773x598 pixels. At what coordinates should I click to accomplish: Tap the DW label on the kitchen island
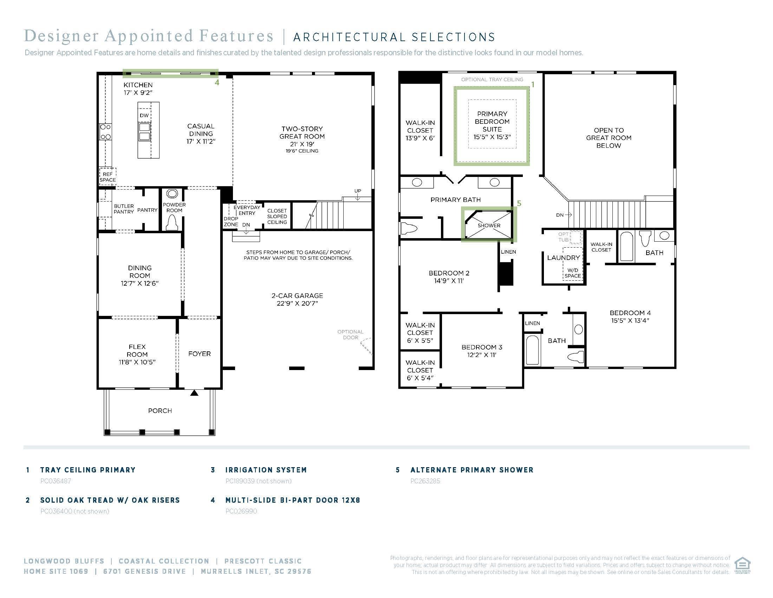click(x=144, y=115)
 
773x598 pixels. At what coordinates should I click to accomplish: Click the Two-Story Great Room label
click(x=302, y=133)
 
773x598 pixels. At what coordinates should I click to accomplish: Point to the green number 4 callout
click(x=217, y=83)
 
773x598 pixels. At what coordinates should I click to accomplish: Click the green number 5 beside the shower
click(x=519, y=203)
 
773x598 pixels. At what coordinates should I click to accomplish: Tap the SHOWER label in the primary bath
click(x=489, y=225)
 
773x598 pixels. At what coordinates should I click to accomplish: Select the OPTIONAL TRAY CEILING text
click(x=492, y=79)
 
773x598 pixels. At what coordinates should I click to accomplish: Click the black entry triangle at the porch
click(x=194, y=393)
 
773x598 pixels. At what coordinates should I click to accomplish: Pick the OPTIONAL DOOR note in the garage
click(x=350, y=335)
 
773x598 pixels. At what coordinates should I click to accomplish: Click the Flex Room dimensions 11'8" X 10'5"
click(x=137, y=362)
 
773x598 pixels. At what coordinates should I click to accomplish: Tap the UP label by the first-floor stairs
click(x=358, y=191)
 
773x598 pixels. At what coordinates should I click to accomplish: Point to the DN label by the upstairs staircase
click(x=560, y=215)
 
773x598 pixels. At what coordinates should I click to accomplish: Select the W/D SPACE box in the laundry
click(x=573, y=273)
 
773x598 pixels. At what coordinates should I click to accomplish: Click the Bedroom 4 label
click(x=630, y=313)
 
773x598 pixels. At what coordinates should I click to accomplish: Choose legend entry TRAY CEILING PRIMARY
click(x=88, y=470)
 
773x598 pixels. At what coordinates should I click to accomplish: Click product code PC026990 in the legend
click(x=241, y=511)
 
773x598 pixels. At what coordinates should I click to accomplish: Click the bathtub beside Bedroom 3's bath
click(x=532, y=350)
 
